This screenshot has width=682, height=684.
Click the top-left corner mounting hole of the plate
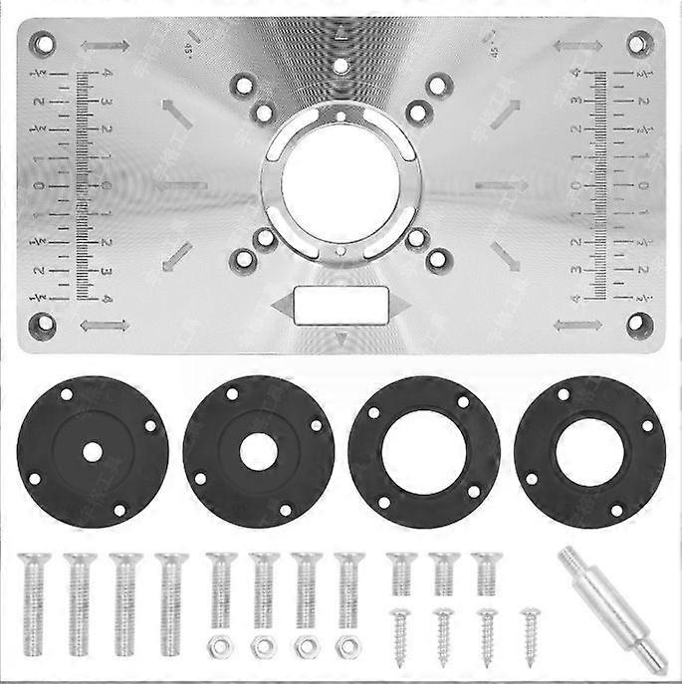click(x=42, y=44)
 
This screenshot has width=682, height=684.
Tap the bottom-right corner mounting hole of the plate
click(x=639, y=325)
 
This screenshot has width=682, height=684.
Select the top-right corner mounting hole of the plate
click(x=640, y=44)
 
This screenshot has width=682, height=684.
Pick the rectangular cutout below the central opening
click(x=341, y=305)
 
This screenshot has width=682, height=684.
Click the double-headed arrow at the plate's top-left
click(x=105, y=46)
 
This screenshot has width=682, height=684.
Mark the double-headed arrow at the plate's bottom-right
click(x=577, y=326)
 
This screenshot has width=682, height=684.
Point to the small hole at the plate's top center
click(x=341, y=65)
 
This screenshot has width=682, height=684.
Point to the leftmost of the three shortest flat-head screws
click(x=400, y=573)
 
